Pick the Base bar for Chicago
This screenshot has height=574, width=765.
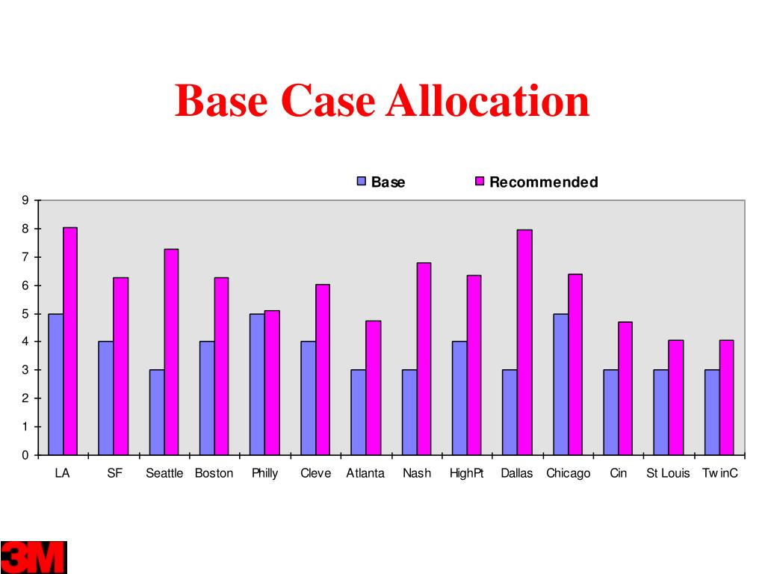coord(560,384)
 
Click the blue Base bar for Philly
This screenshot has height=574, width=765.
coord(257,384)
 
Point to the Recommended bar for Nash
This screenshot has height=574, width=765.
coord(424,359)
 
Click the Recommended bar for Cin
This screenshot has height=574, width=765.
coord(625,388)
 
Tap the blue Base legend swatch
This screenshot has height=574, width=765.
coord(362,182)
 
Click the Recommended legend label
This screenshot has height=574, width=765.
coord(543,182)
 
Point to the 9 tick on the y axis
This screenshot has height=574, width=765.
coord(25,200)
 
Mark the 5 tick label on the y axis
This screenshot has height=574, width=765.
coord(25,314)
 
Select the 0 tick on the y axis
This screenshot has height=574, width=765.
coord(25,455)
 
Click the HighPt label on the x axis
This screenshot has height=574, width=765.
coord(466,473)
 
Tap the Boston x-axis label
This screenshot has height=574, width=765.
coord(214,473)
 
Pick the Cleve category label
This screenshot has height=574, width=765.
coord(315,473)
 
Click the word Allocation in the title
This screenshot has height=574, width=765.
coord(487,101)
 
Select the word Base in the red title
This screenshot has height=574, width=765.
coord(220,101)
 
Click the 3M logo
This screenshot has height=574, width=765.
coord(34,557)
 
